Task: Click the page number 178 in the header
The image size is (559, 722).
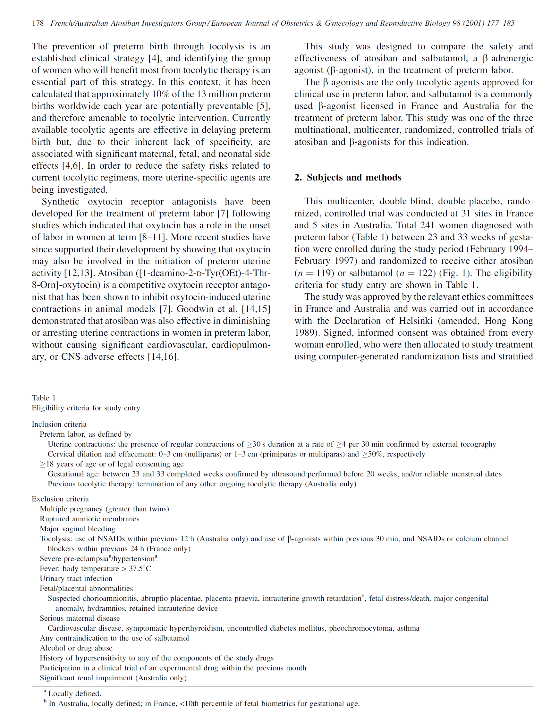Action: coord(38,23)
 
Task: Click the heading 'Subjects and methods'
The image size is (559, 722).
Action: coord(354,178)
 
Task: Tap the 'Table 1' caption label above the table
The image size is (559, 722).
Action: coord(44,398)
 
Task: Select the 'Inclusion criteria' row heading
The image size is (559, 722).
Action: coord(59,424)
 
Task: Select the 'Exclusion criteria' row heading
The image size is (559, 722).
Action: coord(60,499)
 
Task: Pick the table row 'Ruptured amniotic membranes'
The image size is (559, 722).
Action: coord(89,519)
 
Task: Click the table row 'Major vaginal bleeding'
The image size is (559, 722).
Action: coord(77,529)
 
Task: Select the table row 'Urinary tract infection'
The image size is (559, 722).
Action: coord(76,578)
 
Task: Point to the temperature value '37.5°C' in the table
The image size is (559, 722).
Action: coord(140,568)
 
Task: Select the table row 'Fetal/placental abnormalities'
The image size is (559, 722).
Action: coord(86,588)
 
